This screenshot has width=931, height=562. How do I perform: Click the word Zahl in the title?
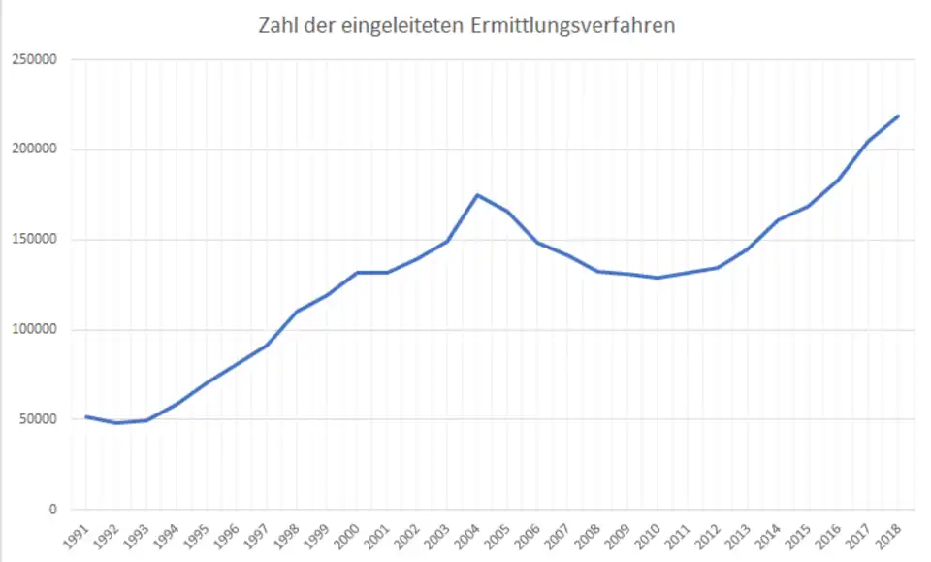[278, 26]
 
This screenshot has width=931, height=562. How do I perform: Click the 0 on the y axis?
[54, 510]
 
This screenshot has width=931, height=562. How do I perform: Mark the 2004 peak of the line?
[477, 195]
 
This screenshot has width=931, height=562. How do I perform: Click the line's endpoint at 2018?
[898, 116]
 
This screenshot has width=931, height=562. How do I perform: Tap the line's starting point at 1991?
[86, 416]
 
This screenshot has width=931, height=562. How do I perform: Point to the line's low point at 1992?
[116, 423]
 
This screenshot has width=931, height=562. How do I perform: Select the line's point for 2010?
[658, 278]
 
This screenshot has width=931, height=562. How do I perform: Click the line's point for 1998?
[297, 312]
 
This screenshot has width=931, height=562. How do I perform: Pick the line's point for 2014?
[778, 220]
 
